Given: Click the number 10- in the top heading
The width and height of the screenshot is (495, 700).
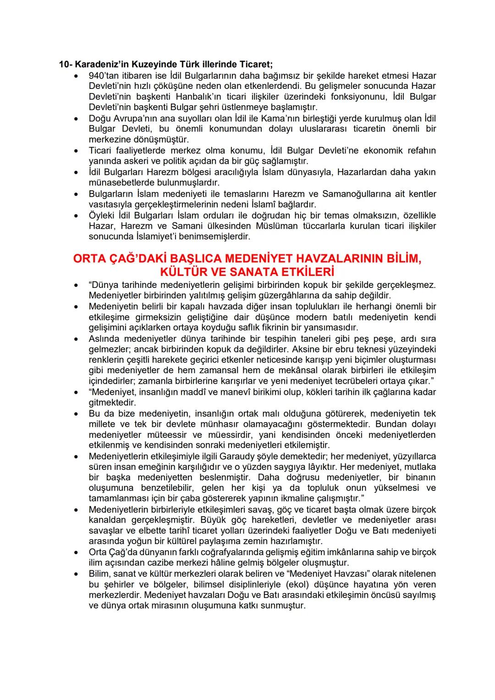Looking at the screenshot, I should coord(66,64).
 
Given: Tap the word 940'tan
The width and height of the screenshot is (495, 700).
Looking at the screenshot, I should coord(104,75).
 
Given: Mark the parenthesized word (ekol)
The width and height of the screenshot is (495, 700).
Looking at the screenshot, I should coord(298,584).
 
